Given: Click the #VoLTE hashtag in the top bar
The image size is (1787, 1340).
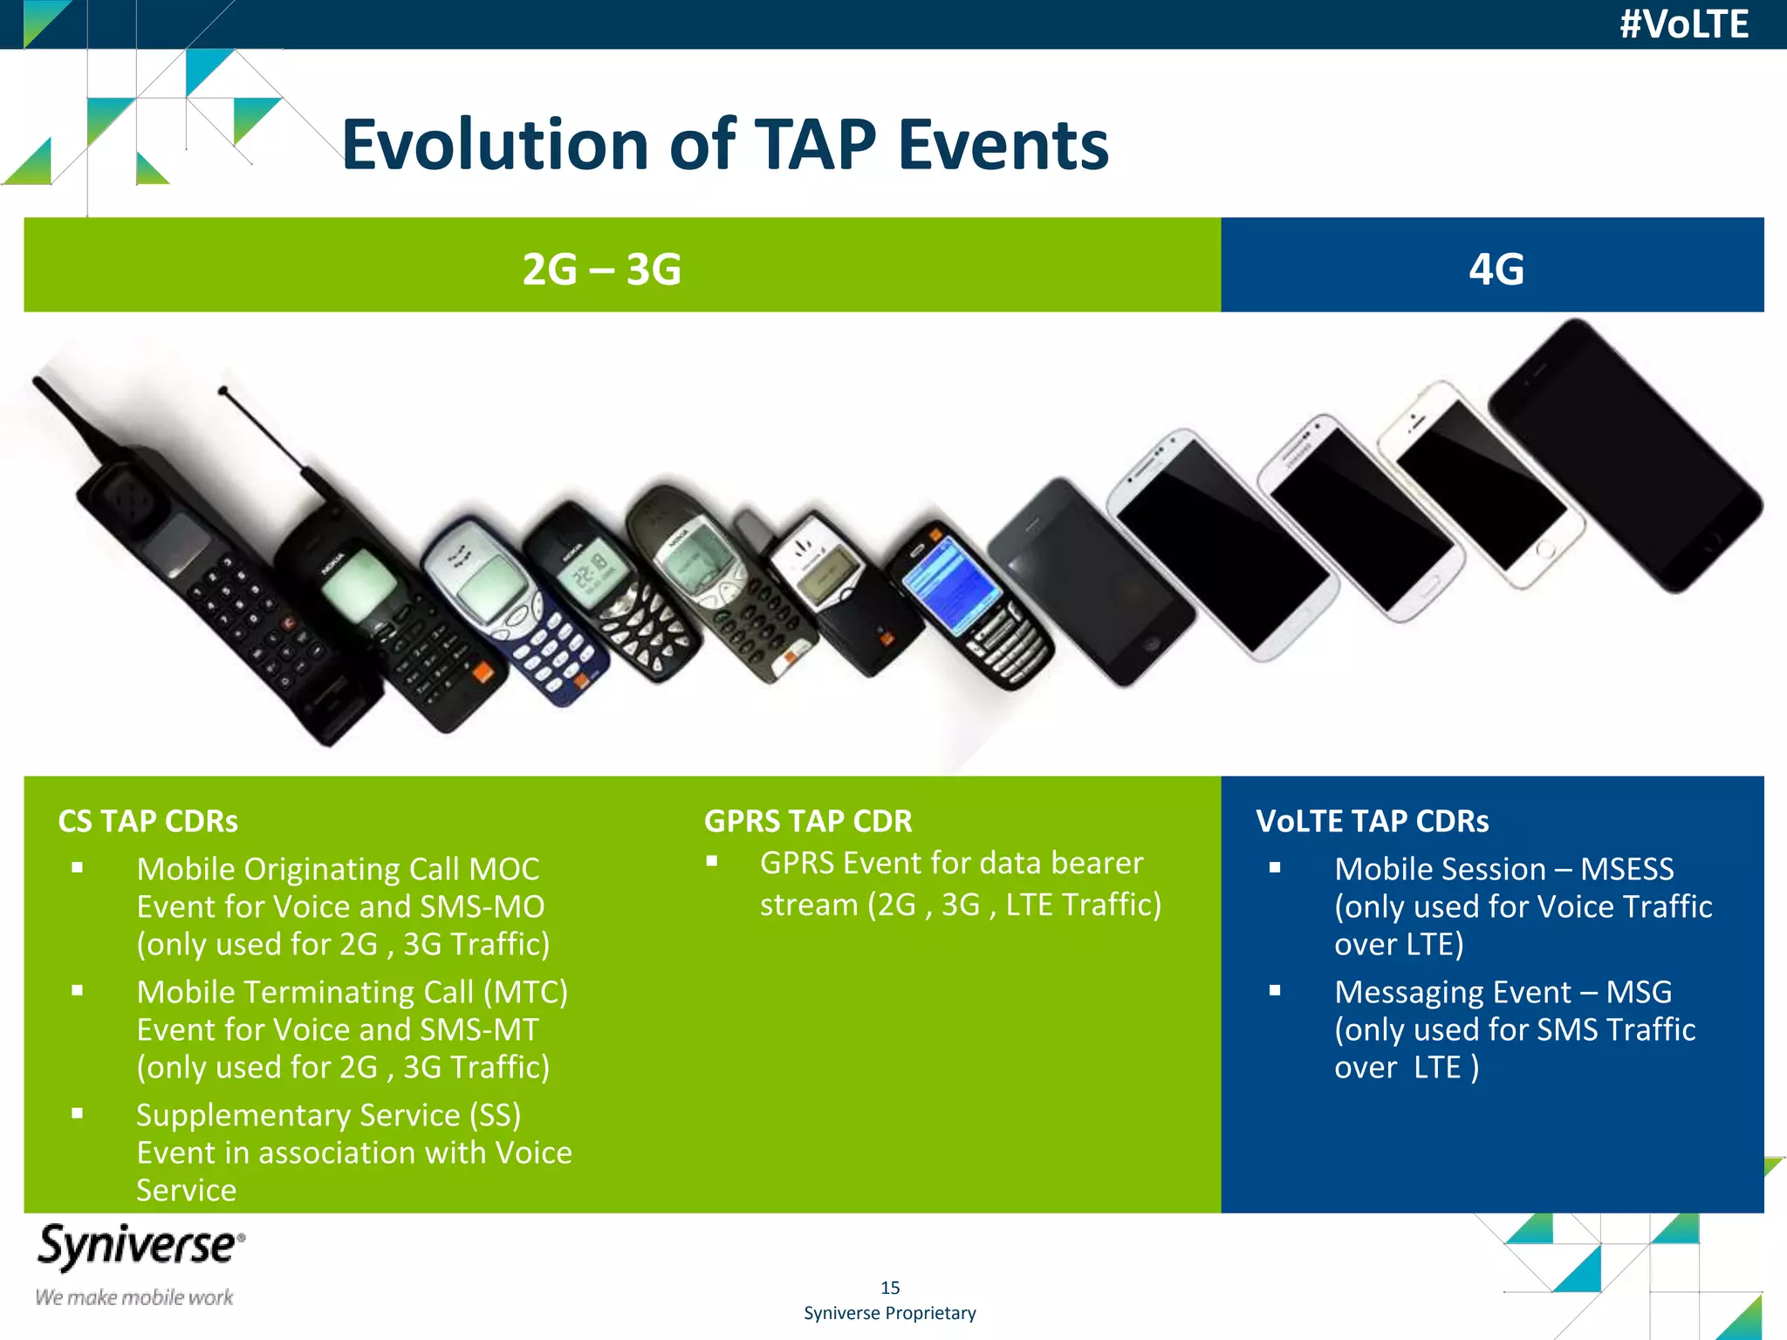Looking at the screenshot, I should [x=1683, y=24].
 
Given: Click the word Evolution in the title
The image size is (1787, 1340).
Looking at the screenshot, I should [x=494, y=145].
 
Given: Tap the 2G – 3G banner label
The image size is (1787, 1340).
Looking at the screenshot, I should [x=601, y=269].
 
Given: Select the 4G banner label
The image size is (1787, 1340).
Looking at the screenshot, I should [x=1496, y=269].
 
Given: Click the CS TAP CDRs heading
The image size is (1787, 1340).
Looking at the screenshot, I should [x=147, y=821].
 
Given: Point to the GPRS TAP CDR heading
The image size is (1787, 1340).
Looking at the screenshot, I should [x=808, y=821].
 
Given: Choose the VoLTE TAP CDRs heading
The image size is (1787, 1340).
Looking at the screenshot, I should [x=1372, y=821].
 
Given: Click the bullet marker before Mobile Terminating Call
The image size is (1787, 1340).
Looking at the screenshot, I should [x=78, y=990].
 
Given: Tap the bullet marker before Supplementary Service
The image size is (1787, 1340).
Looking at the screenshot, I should [x=78, y=1113].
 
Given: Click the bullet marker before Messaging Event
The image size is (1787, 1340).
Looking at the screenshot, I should [x=1275, y=990].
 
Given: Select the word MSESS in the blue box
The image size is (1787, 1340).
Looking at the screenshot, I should [x=1626, y=869].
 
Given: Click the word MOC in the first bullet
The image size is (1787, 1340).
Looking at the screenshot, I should [x=504, y=869].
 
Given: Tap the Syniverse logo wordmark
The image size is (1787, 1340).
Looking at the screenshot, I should [x=140, y=1246].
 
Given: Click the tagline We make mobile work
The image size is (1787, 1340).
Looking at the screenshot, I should [x=134, y=1297].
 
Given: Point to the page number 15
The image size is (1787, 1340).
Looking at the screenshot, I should [x=890, y=1288].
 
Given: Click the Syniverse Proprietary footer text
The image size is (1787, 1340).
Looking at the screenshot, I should [x=890, y=1313].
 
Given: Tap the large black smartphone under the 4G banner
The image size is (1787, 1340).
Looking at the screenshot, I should [x=1623, y=454].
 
